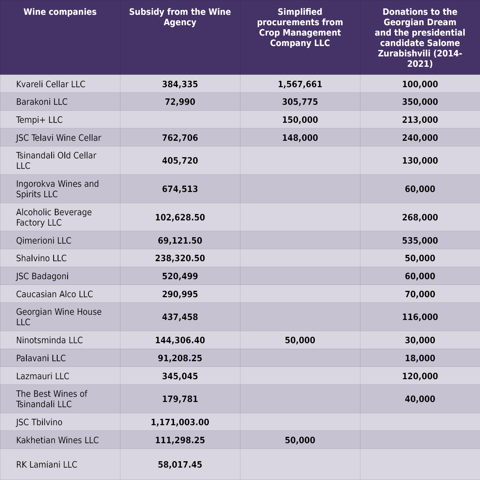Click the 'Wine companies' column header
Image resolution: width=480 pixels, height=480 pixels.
tap(60, 12)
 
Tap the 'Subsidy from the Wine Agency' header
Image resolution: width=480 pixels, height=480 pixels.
tap(180, 17)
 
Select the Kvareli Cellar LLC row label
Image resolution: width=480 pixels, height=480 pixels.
tap(50, 84)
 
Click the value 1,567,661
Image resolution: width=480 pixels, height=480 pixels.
tap(300, 84)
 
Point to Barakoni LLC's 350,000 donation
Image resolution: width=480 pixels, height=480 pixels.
tap(420, 102)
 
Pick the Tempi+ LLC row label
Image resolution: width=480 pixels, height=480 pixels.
tap(39, 120)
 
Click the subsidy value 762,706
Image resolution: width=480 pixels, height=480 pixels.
tap(180, 138)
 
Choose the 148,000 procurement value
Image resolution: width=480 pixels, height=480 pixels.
tap(300, 138)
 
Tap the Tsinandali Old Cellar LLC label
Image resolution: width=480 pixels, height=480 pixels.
tap(56, 160)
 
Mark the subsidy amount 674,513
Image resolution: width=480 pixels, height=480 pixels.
tap(180, 189)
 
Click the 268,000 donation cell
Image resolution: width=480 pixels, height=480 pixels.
tap(420, 218)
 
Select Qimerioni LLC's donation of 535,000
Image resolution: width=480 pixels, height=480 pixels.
tap(420, 240)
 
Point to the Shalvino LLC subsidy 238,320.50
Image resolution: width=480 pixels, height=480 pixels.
tap(180, 258)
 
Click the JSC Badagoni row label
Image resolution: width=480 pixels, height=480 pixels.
tap(42, 276)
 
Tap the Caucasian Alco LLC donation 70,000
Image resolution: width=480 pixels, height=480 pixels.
tap(420, 294)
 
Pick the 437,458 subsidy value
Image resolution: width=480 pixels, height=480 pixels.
tap(180, 317)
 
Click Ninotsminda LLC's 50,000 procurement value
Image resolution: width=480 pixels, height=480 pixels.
tap(300, 340)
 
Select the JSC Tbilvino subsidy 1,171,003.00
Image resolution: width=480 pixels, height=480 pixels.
tap(180, 422)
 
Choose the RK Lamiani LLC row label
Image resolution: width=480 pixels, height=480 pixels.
tap(46, 464)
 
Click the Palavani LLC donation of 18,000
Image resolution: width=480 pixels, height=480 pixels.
tap(420, 358)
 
